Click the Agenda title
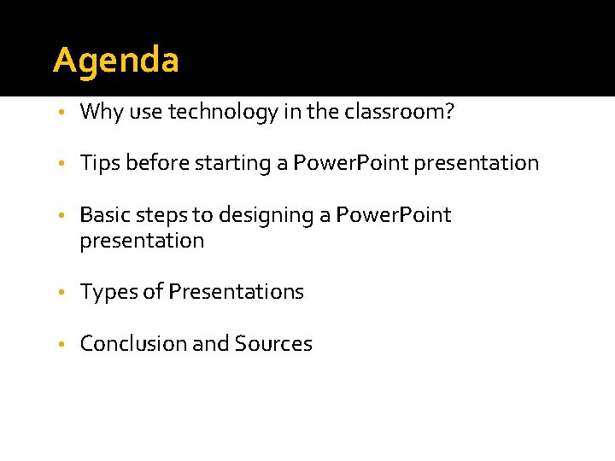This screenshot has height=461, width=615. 116,61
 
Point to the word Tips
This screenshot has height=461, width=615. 100,163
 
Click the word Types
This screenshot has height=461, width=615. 108,292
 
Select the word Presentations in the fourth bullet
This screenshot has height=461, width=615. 236,291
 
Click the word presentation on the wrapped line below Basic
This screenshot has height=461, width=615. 142,241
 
